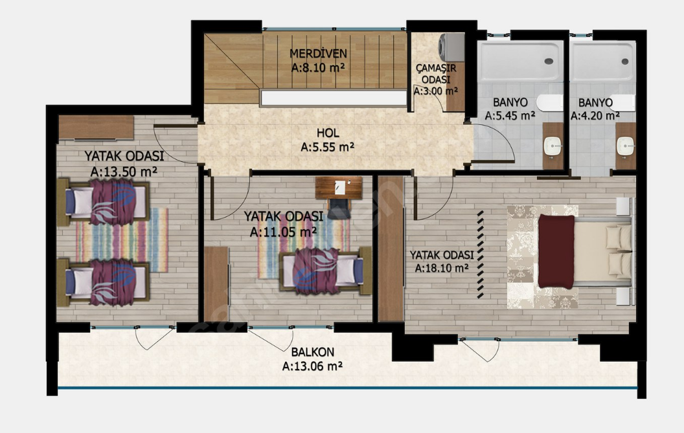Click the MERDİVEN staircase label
[x=319, y=54]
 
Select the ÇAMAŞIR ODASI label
[x=436, y=74]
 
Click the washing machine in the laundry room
[x=451, y=47]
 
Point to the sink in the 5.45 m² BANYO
[x=553, y=145]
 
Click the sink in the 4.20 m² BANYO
[x=626, y=145]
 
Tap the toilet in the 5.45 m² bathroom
[x=550, y=103]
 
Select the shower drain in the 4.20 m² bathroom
[x=625, y=61]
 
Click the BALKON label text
[x=313, y=352]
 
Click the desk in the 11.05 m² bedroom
[x=339, y=188]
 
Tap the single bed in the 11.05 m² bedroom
[x=325, y=271]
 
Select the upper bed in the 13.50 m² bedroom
[x=104, y=203]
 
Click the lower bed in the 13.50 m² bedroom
[x=104, y=283]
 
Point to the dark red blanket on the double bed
[x=556, y=251]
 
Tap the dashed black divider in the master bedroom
[x=480, y=254]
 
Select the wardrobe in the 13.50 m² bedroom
[x=96, y=128]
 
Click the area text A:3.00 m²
[x=436, y=91]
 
